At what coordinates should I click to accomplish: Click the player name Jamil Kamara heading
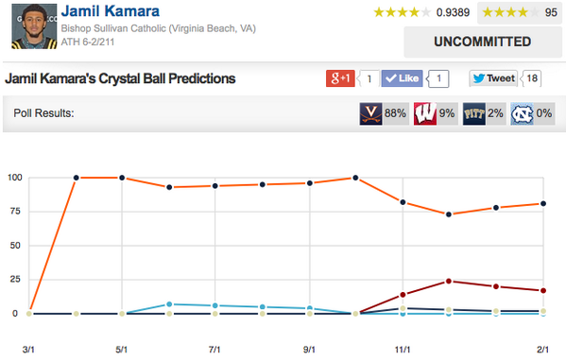110,12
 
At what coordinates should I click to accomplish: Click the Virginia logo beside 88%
369,114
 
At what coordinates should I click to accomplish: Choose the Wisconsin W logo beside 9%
423,114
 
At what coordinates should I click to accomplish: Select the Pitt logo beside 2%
474,114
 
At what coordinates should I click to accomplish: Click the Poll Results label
45,114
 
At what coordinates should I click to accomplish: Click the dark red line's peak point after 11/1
450,281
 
